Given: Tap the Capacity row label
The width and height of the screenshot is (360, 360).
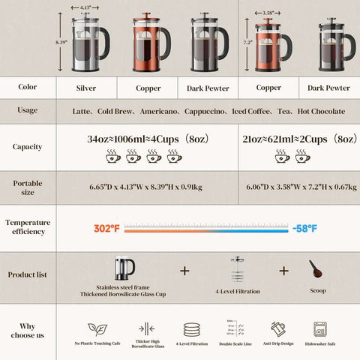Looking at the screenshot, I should (x=28, y=147).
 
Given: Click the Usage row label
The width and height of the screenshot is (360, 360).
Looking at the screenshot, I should (x=28, y=110).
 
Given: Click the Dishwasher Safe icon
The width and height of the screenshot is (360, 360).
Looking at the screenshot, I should (x=319, y=329).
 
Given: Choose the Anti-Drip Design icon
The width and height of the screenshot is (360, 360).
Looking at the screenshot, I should (x=277, y=329).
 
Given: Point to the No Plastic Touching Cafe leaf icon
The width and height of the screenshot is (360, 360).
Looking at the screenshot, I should (x=97, y=329).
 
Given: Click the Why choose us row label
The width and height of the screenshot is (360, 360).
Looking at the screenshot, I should (x=28, y=331).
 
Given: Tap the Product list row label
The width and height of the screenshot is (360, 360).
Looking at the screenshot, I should (x=28, y=274).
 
